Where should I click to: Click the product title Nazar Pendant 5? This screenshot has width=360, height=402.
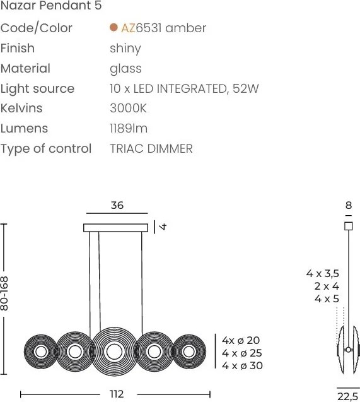coord(52,7)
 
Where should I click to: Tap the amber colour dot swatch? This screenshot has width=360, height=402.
coord(113,28)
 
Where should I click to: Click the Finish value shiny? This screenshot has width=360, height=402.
coord(125,48)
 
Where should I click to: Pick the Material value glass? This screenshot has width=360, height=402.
coord(125,68)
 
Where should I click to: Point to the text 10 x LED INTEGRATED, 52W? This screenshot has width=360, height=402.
coord(184,88)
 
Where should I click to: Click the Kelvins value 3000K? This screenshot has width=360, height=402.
coord(128,109)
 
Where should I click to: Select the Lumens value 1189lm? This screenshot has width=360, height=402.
coord(129,129)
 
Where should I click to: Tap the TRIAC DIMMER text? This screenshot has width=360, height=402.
coord(151,149)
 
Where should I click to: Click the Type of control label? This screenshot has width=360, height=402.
coord(46,149)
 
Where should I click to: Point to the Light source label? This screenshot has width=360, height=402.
coord(37,88)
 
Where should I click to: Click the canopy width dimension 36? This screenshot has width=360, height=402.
coord(117,206)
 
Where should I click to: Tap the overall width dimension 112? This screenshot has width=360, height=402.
coord(117,394)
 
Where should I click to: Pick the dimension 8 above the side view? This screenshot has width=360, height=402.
coord(348,206)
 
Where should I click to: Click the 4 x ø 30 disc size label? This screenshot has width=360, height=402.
coord(242,365)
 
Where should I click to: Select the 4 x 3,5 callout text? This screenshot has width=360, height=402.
coord(323,273)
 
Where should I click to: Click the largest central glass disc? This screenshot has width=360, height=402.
coord(113,350)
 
